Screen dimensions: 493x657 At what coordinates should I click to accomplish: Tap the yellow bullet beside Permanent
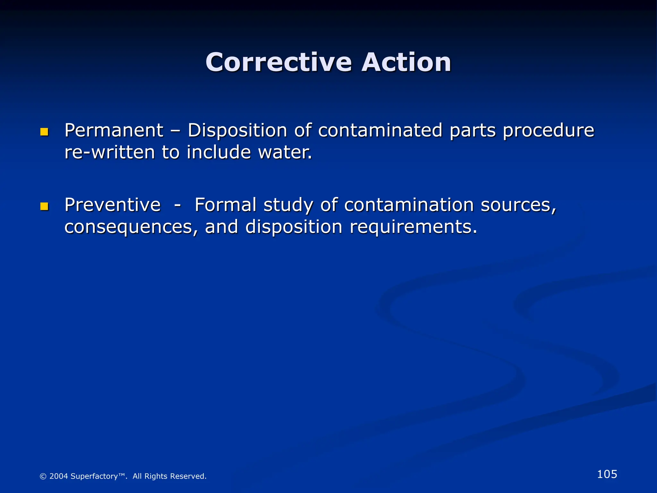click(44, 132)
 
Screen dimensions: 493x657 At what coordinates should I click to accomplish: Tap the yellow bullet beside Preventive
click(44, 206)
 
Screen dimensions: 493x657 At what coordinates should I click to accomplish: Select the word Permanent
click(114, 131)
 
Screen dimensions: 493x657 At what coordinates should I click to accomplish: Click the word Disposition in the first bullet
click(237, 131)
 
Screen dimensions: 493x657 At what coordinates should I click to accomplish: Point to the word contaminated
click(380, 131)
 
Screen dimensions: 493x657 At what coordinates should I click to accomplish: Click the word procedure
click(548, 131)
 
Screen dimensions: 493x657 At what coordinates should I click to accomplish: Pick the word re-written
click(109, 152)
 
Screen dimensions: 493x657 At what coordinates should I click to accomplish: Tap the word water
click(285, 152)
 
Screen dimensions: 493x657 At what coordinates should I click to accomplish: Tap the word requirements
click(413, 227)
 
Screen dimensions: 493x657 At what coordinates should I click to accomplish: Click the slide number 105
click(607, 474)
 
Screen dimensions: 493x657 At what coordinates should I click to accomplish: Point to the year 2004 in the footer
click(58, 476)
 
